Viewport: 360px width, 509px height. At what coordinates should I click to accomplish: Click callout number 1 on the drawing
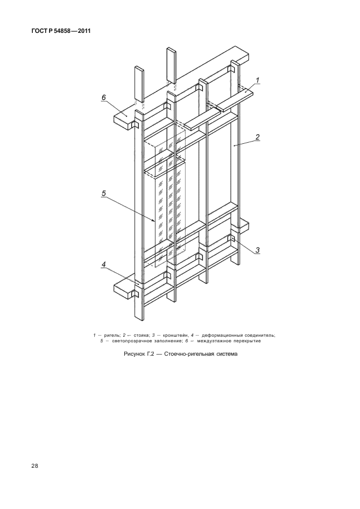(x=258, y=80)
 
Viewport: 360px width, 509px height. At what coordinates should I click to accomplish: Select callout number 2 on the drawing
(x=258, y=137)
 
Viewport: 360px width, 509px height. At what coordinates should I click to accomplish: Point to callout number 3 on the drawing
(x=258, y=249)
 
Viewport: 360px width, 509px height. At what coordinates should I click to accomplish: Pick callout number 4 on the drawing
(x=104, y=265)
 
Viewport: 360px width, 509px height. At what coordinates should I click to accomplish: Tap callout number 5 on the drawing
(x=104, y=193)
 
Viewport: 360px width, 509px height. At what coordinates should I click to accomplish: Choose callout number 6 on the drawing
(x=104, y=98)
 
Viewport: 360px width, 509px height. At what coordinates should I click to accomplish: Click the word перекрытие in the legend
(x=246, y=341)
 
